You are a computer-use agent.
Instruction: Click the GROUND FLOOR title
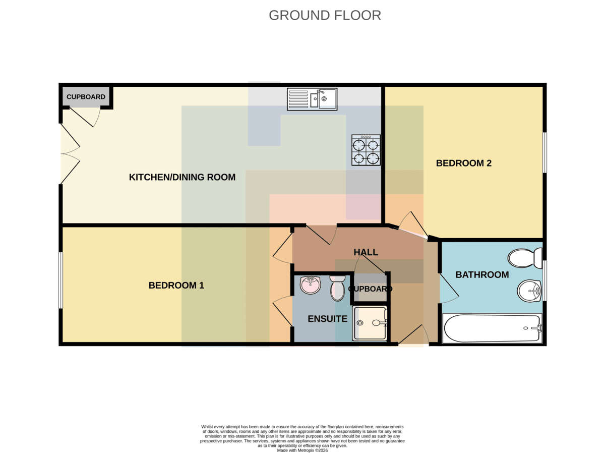tap(325, 16)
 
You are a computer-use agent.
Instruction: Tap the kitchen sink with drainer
tap(312, 99)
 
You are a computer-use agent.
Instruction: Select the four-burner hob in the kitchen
tap(366, 150)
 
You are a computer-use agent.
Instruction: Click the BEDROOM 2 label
tap(464, 163)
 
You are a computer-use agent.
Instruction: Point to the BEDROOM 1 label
tap(176, 286)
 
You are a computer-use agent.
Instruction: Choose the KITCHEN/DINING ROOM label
tap(182, 177)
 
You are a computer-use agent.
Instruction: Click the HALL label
tap(366, 252)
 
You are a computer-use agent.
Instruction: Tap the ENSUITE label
tap(327, 319)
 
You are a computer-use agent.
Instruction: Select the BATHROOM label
tap(482, 275)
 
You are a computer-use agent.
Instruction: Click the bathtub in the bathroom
tap(492, 329)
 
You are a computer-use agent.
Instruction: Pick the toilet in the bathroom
tap(525, 258)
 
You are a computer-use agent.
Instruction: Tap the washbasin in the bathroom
tap(529, 291)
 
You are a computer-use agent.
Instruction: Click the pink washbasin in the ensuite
tap(311, 285)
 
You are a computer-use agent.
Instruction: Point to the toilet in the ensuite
tap(338, 288)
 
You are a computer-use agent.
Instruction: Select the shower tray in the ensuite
tap(370, 323)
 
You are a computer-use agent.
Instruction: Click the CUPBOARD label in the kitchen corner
tap(86, 97)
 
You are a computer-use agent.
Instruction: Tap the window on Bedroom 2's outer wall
tap(545, 152)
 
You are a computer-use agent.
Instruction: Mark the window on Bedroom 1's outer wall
tap(60, 280)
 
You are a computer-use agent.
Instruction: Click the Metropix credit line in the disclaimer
tap(302, 450)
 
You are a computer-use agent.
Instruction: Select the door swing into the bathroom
tap(449, 289)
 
